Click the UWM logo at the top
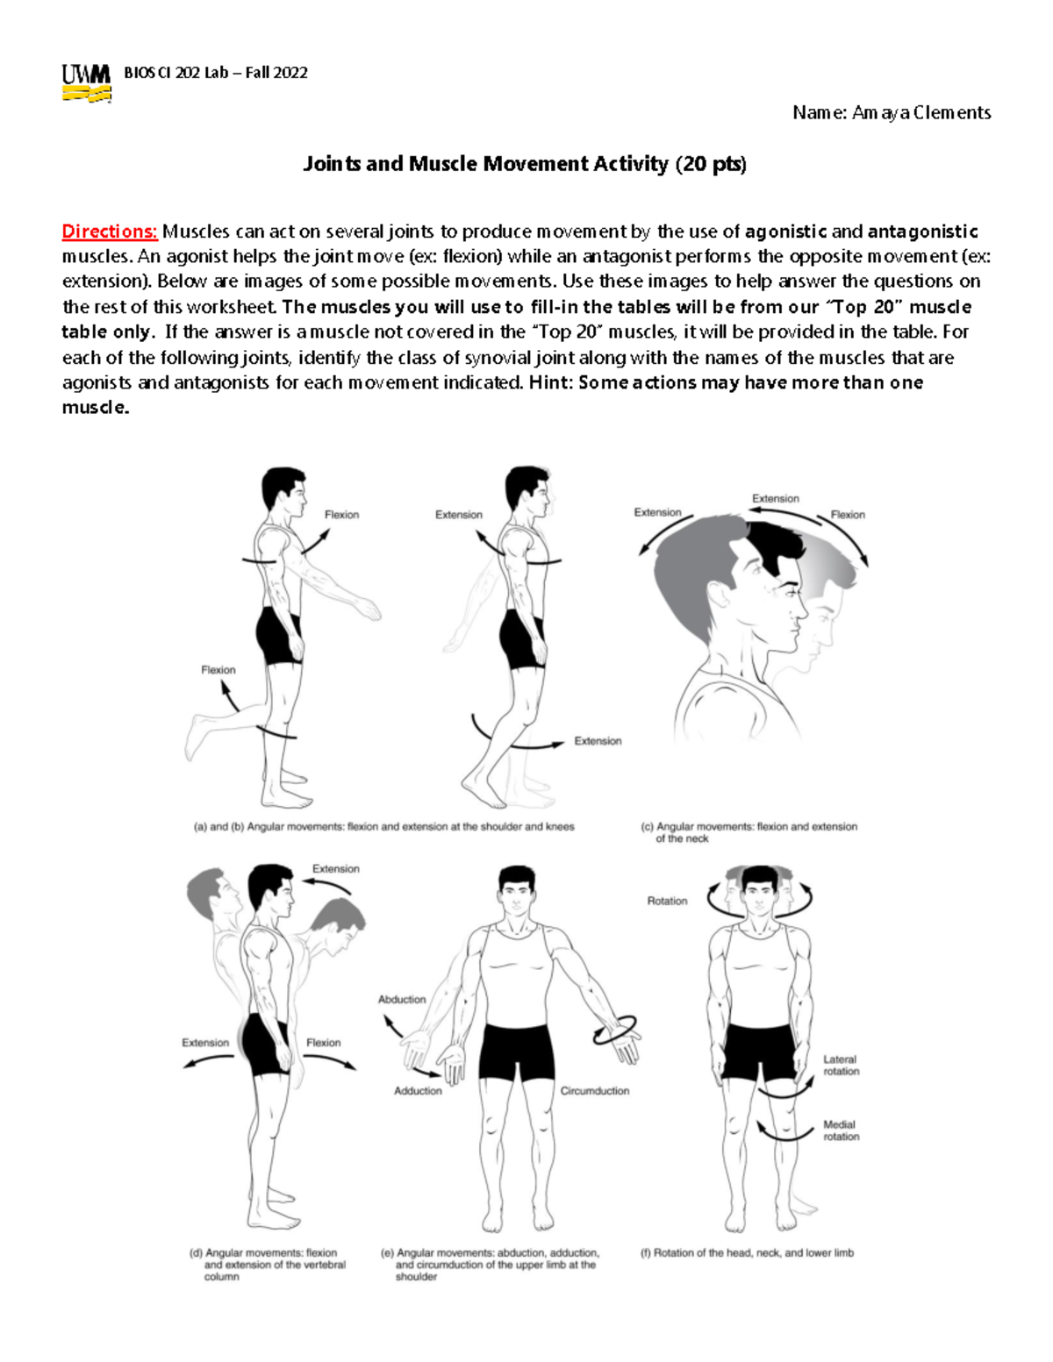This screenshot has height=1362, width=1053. (86, 83)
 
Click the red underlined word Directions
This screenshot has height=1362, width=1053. (109, 232)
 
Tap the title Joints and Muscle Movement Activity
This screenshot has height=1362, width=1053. (524, 164)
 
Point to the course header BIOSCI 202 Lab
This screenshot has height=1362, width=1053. (216, 73)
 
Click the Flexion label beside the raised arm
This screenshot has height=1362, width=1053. (341, 515)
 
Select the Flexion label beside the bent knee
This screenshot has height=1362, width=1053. (218, 670)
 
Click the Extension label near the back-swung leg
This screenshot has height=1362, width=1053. (598, 741)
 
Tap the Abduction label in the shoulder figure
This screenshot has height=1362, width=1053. (402, 999)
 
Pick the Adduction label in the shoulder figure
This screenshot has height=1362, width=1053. (418, 1091)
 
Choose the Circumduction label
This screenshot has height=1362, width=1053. (595, 1091)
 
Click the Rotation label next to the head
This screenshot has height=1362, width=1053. (667, 901)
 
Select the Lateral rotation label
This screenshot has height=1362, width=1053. (841, 1066)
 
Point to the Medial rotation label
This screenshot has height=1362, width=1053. (841, 1130)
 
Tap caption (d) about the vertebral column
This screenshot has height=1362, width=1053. (269, 1265)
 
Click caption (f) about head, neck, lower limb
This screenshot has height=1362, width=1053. (747, 1253)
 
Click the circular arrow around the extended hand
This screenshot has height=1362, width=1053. (616, 1030)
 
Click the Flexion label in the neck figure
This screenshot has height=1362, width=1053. (847, 515)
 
